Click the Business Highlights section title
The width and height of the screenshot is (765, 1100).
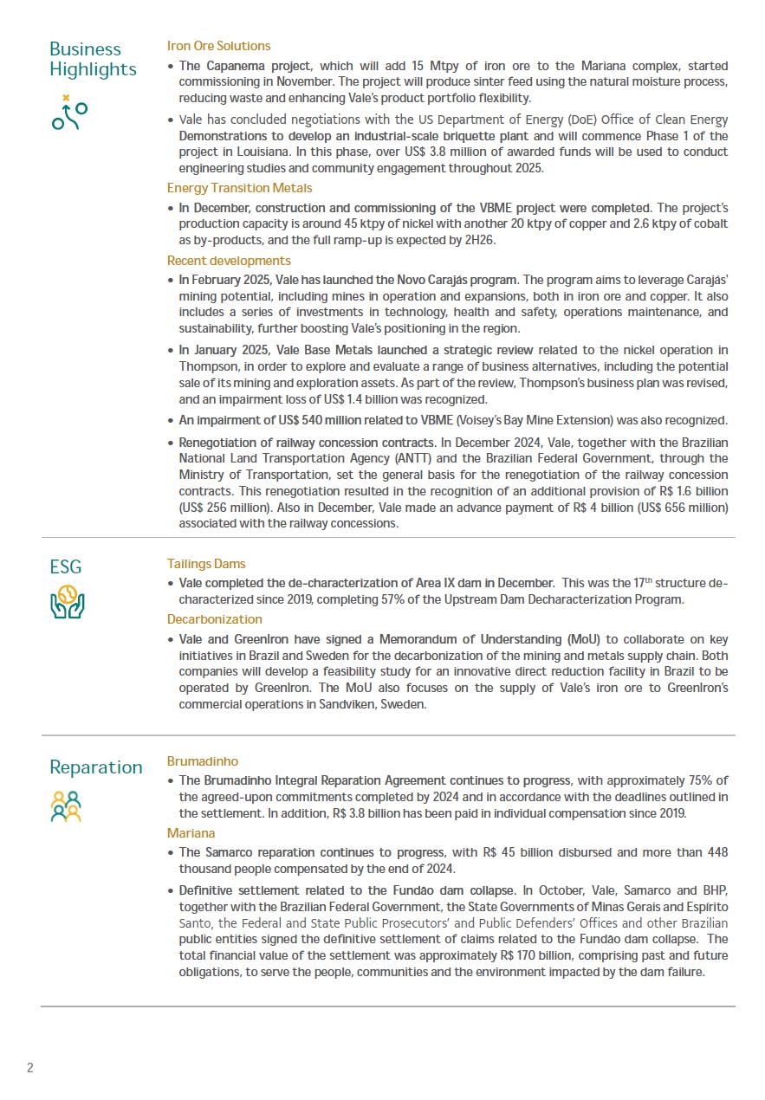coord(93,59)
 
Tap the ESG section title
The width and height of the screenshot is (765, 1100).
coord(66,566)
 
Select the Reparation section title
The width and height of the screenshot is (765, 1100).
coord(95,767)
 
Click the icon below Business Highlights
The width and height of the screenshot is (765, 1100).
coord(69,113)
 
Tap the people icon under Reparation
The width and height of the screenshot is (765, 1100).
coord(66,806)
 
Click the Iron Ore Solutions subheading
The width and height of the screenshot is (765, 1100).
coord(218,46)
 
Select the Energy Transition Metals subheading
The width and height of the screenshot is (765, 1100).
coord(239,188)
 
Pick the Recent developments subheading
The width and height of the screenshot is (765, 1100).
coord(229,261)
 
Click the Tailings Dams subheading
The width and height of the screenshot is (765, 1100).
coord(206,564)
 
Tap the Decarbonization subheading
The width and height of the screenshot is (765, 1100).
coord(214,619)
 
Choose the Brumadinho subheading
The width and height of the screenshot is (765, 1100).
coord(202,761)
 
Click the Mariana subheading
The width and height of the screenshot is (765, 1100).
coord(191,833)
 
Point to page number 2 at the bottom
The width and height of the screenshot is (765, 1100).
coord(30,1067)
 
